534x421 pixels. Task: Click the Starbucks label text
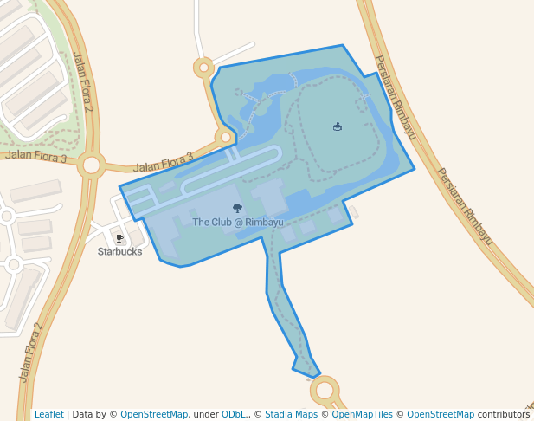pyautogui.click(x=119, y=251)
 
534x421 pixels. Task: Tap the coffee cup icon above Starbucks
pyautogui.click(x=119, y=237)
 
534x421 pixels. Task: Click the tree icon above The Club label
pyautogui.click(x=238, y=208)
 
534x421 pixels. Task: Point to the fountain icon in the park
pyautogui.click(x=338, y=127)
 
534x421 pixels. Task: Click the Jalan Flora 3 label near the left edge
pyautogui.click(x=35, y=157)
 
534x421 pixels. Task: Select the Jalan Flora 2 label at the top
pyautogui.click(x=83, y=82)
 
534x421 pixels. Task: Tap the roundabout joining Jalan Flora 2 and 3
pyautogui.click(x=91, y=165)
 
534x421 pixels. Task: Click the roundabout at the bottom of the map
pyautogui.click(x=325, y=390)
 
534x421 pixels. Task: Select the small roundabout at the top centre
pyautogui.click(x=203, y=67)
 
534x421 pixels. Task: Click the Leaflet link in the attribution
pyautogui.click(x=49, y=414)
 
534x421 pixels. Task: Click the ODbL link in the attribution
pyautogui.click(x=235, y=414)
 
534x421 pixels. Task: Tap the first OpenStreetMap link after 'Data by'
pyautogui.click(x=154, y=414)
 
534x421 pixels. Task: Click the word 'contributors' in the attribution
pyautogui.click(x=504, y=414)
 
